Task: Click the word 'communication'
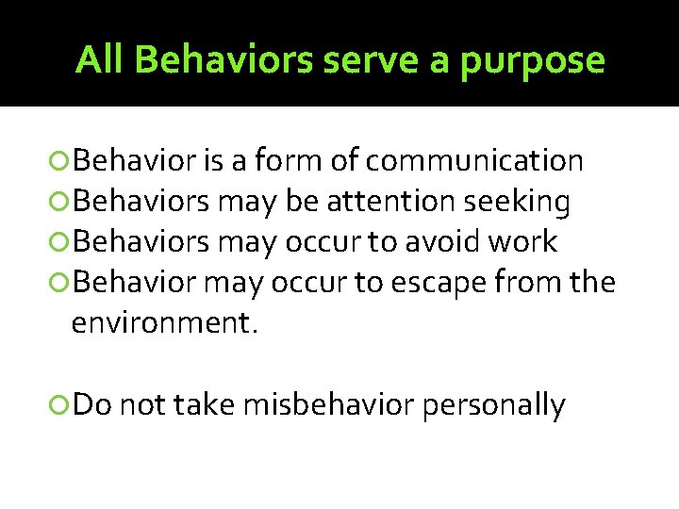(x=474, y=161)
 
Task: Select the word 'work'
(x=523, y=242)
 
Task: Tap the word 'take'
(x=205, y=405)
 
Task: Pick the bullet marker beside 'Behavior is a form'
(x=61, y=162)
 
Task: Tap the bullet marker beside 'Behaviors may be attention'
(x=61, y=203)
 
